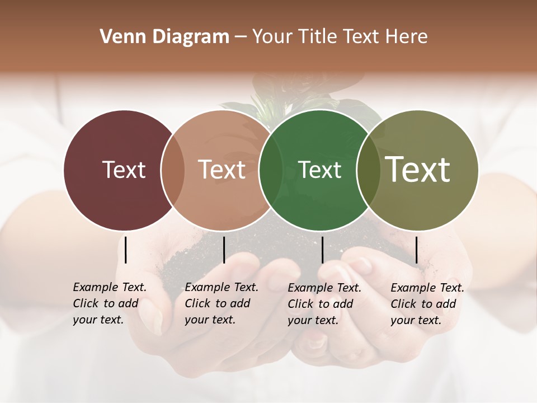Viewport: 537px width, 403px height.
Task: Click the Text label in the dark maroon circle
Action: pyautogui.click(x=124, y=170)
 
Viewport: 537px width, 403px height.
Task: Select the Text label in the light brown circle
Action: pyautogui.click(x=222, y=170)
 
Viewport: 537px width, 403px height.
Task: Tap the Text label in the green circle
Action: pyautogui.click(x=319, y=170)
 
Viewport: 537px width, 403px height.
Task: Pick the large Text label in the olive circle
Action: pyautogui.click(x=417, y=170)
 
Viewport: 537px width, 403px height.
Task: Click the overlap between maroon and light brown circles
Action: pyautogui.click(x=173, y=170)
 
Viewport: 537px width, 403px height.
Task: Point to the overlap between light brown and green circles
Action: pyautogui.click(x=271, y=170)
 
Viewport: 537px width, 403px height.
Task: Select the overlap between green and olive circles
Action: pyautogui.click(x=368, y=170)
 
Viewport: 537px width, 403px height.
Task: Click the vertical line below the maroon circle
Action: pyautogui.click(x=126, y=250)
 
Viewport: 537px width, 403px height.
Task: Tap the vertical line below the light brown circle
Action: pyautogui.click(x=224, y=250)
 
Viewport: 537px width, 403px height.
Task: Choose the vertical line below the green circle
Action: pyautogui.click(x=322, y=250)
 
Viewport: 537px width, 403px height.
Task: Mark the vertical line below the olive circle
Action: pyautogui.click(x=416, y=250)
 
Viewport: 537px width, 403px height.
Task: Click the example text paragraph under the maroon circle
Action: pyautogui.click(x=110, y=303)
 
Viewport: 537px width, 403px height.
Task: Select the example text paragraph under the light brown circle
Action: pyautogui.click(x=222, y=303)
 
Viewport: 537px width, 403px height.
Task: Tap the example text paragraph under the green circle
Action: pyautogui.click(x=324, y=303)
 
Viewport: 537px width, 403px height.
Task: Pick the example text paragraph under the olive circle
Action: pyautogui.click(x=427, y=303)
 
